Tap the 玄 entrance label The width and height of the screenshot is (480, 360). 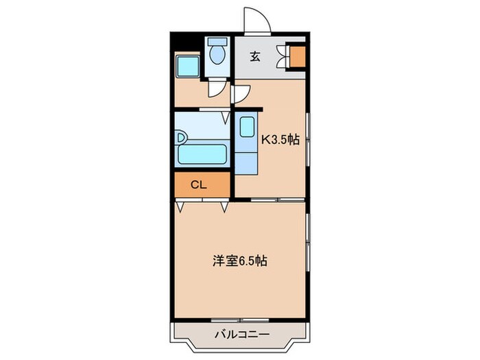click(x=255, y=57)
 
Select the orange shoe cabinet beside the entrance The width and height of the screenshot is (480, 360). click(x=298, y=57)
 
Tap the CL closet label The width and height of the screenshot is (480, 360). click(x=198, y=184)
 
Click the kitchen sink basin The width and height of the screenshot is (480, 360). click(x=246, y=130)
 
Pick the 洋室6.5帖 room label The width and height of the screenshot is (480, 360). click(x=239, y=261)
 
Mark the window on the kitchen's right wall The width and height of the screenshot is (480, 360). click(x=308, y=141)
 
